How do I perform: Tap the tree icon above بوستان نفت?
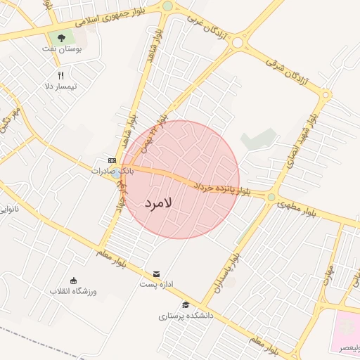(x=61, y=37)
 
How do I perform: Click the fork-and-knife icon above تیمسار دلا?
(x=61, y=76)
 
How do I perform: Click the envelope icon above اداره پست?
(x=156, y=273)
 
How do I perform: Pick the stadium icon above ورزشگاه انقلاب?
(x=73, y=281)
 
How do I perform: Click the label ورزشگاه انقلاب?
(x=74, y=291)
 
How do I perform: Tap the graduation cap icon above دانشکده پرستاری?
(x=186, y=304)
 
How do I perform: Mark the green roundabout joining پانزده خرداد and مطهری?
(x=271, y=197)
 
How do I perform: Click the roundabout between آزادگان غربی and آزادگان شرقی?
(x=238, y=42)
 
